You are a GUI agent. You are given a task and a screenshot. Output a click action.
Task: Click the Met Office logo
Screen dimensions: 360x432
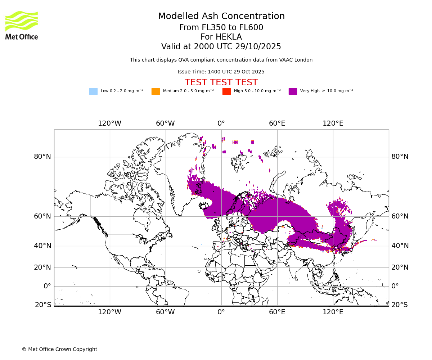coord(22,25)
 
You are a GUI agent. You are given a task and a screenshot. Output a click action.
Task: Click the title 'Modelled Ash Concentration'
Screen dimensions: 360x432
coord(221,17)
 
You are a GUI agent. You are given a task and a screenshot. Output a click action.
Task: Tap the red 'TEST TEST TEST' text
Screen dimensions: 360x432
coord(221,82)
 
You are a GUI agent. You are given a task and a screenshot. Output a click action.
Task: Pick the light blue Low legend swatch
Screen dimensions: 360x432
coord(93,91)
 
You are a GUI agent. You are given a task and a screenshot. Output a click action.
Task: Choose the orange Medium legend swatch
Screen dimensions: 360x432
coord(156,91)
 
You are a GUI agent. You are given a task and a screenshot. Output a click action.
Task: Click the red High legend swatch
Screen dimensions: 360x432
coord(226,91)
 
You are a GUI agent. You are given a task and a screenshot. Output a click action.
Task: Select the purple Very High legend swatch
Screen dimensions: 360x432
coord(293,91)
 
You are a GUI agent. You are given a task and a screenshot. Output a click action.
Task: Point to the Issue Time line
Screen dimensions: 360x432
coord(221,72)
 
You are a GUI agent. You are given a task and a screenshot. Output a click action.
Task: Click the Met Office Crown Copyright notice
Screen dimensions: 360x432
coord(59,349)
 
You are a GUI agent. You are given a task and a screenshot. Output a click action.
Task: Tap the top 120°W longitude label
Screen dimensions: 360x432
coord(109,123)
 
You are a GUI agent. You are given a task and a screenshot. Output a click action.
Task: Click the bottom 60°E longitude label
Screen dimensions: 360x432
coord(277,312)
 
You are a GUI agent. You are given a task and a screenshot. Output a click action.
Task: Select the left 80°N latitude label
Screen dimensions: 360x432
coord(42,157)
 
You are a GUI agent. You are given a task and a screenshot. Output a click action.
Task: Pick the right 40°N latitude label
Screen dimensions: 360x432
coord(400,246)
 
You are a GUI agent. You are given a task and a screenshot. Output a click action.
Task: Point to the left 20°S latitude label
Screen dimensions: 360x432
coord(43,305)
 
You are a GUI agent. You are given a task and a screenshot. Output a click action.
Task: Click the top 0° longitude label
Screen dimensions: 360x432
coord(221,123)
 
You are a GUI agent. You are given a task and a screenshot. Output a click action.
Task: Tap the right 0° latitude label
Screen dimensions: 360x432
coord(395,286)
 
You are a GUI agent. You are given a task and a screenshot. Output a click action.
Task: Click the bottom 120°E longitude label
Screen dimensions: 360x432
coord(333,312)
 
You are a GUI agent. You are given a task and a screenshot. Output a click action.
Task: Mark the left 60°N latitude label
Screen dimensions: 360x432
coord(42,216)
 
